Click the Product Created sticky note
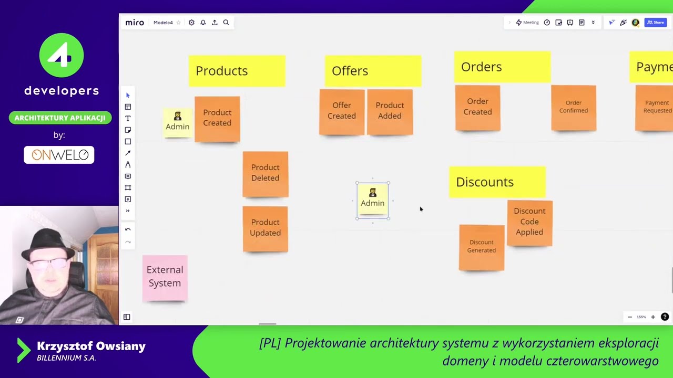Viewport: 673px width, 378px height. pyautogui.click(x=217, y=118)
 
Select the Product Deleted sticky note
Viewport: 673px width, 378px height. pyautogui.click(x=265, y=173)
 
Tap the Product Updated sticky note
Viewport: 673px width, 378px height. pyautogui.click(x=265, y=228)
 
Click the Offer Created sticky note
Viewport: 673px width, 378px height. pyautogui.click(x=342, y=111)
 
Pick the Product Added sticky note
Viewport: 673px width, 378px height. pyautogui.click(x=390, y=111)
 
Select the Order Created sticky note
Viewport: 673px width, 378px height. pyautogui.click(x=477, y=107)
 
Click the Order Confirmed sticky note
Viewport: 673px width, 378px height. pyautogui.click(x=574, y=107)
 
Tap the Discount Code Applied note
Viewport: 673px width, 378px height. pyautogui.click(x=529, y=222)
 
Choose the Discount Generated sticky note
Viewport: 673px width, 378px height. pyautogui.click(x=482, y=247)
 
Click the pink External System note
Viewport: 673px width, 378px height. pyautogui.click(x=165, y=277)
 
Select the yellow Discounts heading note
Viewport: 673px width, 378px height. pyautogui.click(x=497, y=182)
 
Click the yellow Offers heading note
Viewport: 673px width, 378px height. pyautogui.click(x=372, y=70)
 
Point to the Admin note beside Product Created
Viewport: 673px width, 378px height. pyautogui.click(x=177, y=122)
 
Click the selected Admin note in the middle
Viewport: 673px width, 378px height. pyautogui.click(x=373, y=199)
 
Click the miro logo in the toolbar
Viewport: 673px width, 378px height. pyautogui.click(x=135, y=23)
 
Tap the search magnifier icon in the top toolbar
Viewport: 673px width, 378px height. pyautogui.click(x=226, y=23)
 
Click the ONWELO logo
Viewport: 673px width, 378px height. pyautogui.click(x=59, y=155)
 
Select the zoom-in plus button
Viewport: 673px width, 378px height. pyautogui.click(x=653, y=317)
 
